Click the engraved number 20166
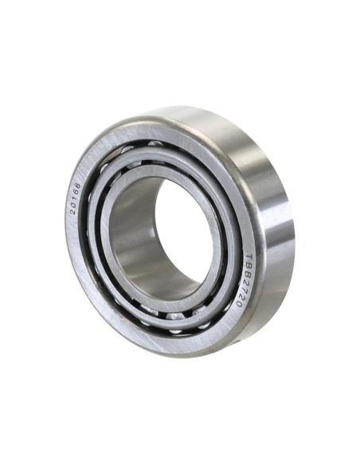point(75,198)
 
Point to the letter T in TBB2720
point(250,257)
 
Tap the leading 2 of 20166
point(72,211)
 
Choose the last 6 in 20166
point(77,186)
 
